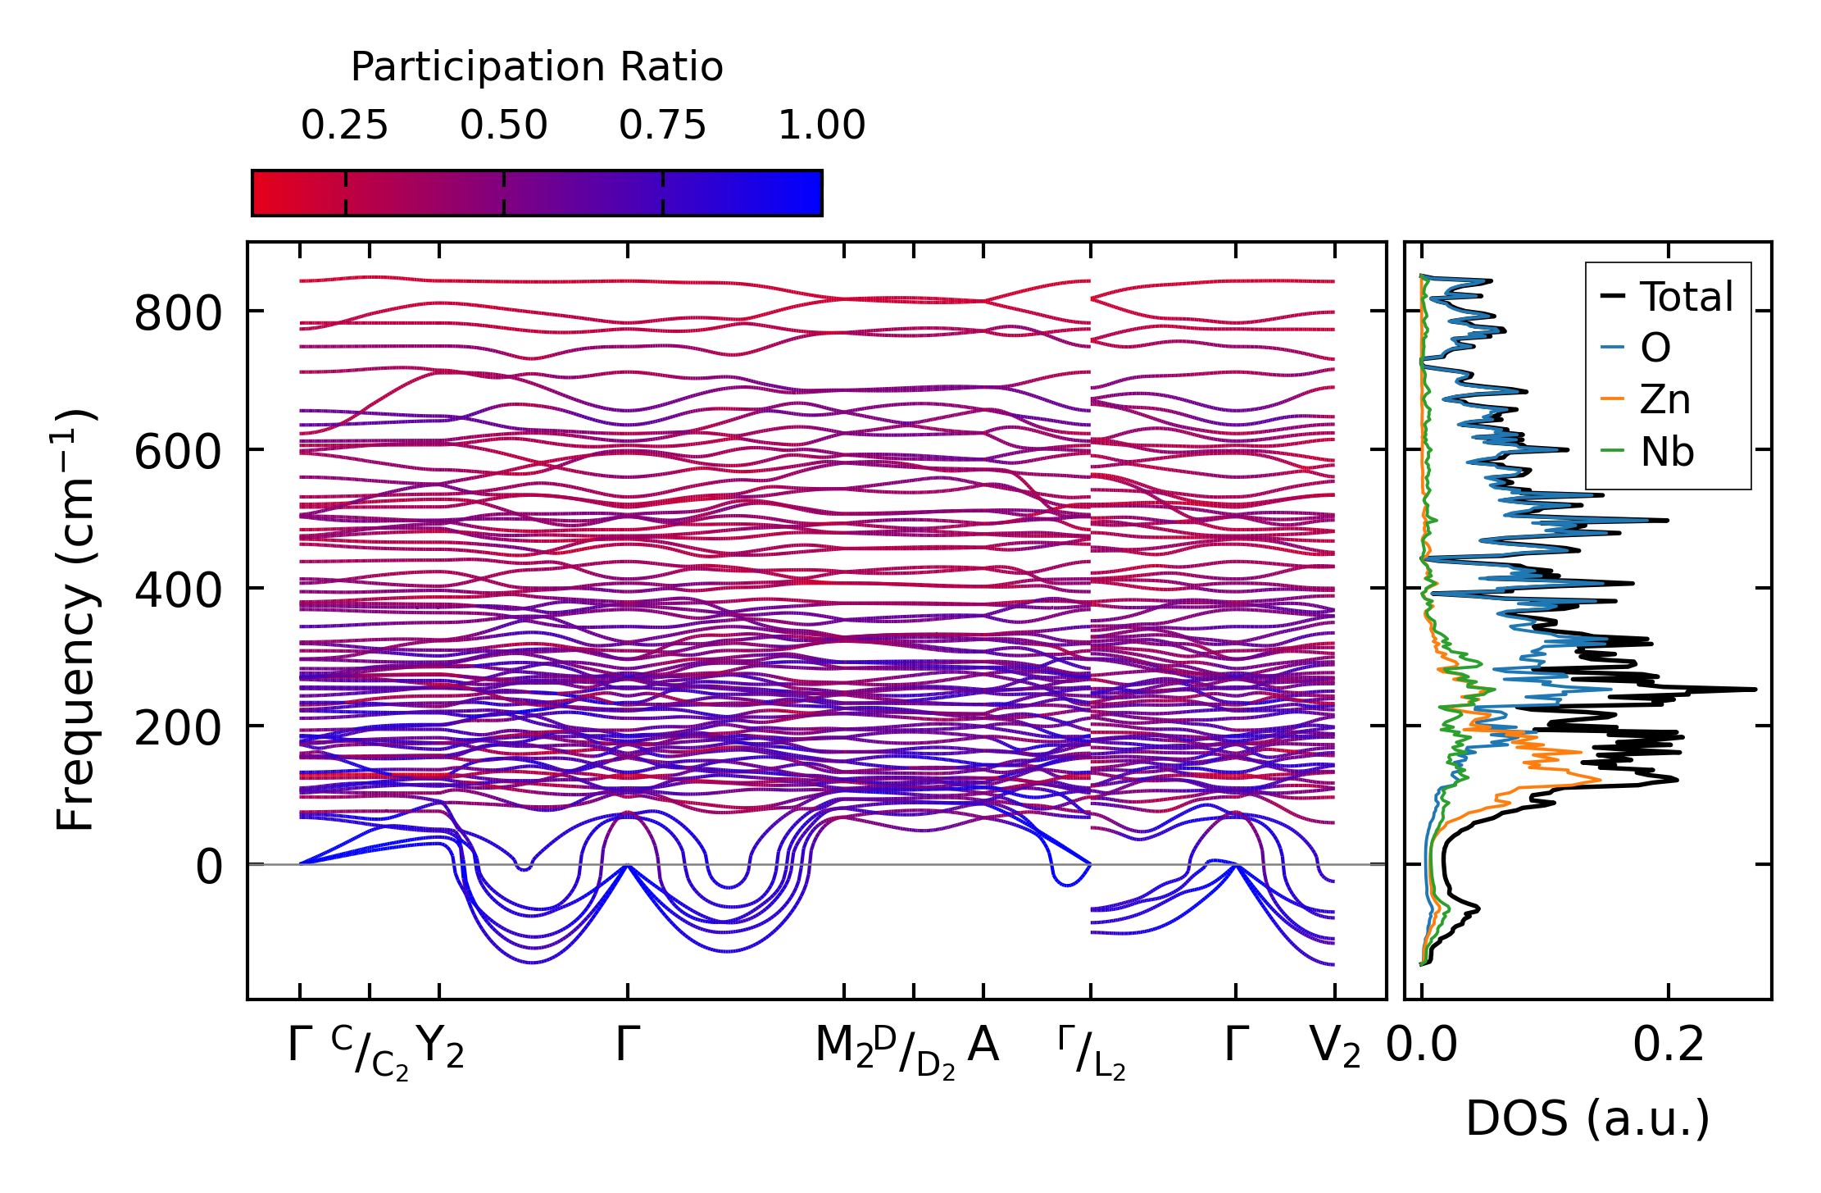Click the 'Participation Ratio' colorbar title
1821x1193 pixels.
(537, 67)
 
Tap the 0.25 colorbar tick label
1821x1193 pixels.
(344, 126)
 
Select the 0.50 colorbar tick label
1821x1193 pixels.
(503, 126)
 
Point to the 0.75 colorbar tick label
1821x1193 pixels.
(662, 126)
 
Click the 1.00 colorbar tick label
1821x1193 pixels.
(821, 126)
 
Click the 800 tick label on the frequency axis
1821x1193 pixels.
(178, 313)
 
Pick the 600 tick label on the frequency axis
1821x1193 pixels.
(178, 452)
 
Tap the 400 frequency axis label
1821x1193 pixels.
(178, 590)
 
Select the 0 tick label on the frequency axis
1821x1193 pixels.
(208, 867)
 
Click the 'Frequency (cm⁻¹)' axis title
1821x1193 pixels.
(76, 620)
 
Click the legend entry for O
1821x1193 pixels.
(1655, 348)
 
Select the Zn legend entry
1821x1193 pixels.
(1664, 400)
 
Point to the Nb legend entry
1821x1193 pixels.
(1666, 452)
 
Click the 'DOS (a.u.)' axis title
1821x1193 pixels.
(1587, 1118)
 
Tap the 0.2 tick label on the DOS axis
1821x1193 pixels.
(1668, 1045)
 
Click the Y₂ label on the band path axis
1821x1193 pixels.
(440, 1047)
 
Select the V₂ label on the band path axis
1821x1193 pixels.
(1335, 1047)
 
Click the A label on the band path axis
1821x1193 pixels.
(983, 1045)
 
